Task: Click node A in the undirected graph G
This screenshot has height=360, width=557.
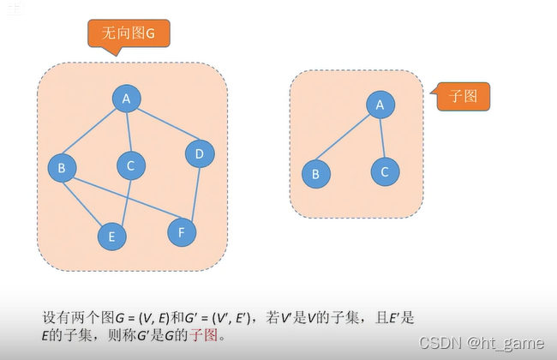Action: pos(126,99)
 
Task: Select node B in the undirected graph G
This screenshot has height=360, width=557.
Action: pos(61,168)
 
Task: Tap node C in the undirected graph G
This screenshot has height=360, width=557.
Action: pos(130,165)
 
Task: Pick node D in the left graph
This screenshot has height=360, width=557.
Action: pos(199,153)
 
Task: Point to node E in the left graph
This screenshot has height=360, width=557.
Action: pos(111,236)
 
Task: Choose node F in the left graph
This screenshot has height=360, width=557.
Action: pos(180,231)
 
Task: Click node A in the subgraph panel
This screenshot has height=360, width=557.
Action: pos(379,105)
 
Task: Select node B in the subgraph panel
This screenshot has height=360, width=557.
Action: pos(316,174)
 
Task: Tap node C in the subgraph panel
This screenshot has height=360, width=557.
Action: pos(385,171)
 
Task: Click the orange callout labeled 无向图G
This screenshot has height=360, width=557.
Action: pos(129,33)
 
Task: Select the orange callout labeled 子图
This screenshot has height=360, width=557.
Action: pos(462,96)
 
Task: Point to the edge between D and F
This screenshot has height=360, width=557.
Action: pos(190,192)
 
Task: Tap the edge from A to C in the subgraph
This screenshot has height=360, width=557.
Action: pos(382,138)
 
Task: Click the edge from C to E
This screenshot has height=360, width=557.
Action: pos(122,199)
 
